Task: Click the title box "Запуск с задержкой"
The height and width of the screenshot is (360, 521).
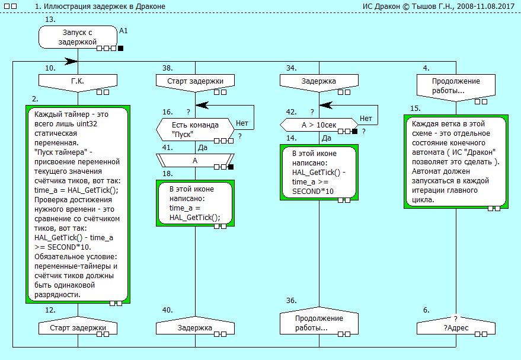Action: pyautogui.click(x=77, y=37)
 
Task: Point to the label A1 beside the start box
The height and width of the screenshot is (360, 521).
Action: pyautogui.click(x=123, y=29)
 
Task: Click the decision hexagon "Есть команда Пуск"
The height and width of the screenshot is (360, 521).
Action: pyautogui.click(x=195, y=129)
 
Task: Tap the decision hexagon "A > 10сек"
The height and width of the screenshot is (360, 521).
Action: pyautogui.click(x=319, y=125)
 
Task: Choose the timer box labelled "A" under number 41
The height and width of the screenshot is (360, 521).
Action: pyautogui.click(x=195, y=160)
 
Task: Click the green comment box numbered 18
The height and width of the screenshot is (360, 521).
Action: pyautogui.click(x=195, y=203)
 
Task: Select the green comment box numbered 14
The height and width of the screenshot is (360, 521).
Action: pyautogui.click(x=319, y=172)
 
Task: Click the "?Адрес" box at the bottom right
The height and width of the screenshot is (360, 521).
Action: pyautogui.click(x=455, y=327)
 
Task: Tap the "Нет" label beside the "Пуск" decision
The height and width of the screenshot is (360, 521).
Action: pyautogui.click(x=242, y=123)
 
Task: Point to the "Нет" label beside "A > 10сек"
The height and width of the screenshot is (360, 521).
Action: pyautogui.click(x=366, y=119)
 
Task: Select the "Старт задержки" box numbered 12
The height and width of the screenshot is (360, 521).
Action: pyautogui.click(x=77, y=327)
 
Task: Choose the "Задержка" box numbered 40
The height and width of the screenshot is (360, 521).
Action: pyautogui.click(x=195, y=327)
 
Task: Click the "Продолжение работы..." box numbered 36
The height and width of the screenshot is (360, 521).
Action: pyautogui.click(x=319, y=323)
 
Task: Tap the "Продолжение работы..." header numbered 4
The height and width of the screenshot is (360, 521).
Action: pyautogui.click(x=455, y=85)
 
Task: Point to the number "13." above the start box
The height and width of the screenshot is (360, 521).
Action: pyautogui.click(x=50, y=20)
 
